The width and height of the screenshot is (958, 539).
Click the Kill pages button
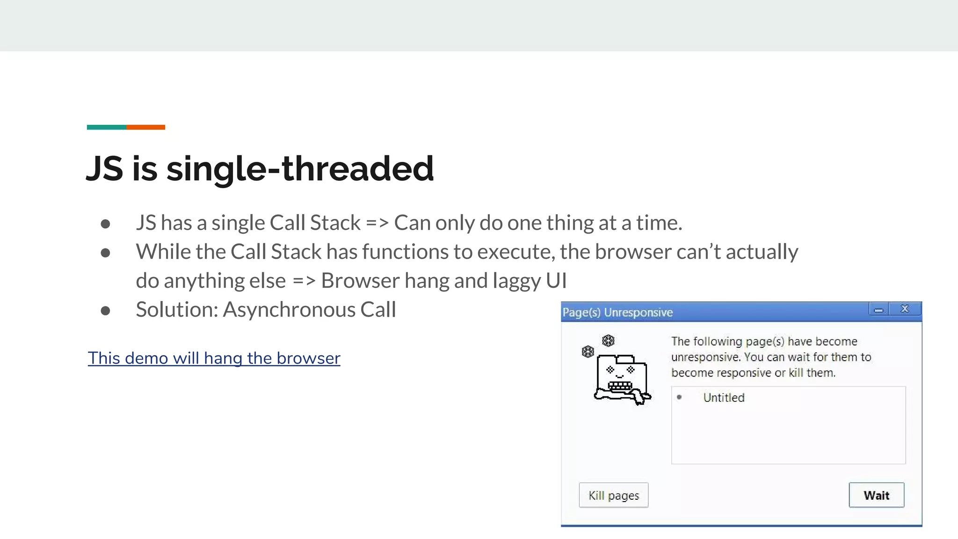tap(613, 495)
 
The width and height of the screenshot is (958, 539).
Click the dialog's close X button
tap(905, 309)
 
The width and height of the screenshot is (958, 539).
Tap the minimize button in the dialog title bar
tap(878, 310)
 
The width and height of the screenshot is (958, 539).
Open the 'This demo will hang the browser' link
tap(214, 358)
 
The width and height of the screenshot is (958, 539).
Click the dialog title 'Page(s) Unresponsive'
tap(617, 312)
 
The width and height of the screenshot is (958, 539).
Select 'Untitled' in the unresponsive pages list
tap(724, 398)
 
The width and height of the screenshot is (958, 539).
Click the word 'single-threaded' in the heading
tap(300, 168)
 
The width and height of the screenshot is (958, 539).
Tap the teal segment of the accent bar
tap(106, 127)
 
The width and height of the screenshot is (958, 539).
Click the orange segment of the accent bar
tap(145, 127)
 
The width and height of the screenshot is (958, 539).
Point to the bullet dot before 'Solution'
tap(105, 311)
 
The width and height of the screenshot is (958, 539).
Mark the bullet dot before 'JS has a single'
tap(105, 224)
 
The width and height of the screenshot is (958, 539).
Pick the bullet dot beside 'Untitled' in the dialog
tap(679, 397)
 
